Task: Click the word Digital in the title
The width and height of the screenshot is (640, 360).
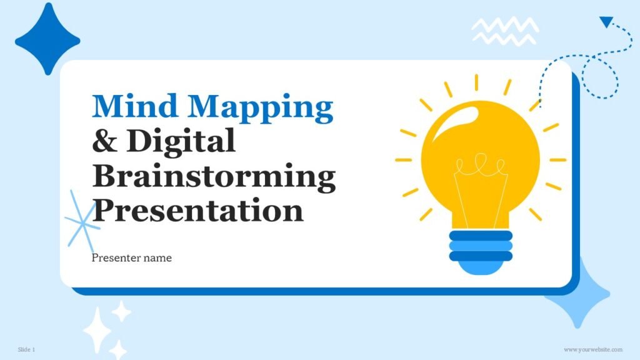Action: pos(181,141)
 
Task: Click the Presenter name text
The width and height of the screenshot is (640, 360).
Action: pos(131,257)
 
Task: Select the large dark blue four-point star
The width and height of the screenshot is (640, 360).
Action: pos(47,38)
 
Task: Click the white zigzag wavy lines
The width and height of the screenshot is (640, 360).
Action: pos(505,30)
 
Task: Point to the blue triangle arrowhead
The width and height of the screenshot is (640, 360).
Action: pos(605,22)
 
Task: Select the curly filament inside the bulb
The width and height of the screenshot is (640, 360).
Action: pos(479,167)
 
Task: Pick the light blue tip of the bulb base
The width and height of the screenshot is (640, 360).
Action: pos(480,267)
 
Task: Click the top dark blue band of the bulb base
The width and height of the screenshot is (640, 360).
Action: pos(480,236)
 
